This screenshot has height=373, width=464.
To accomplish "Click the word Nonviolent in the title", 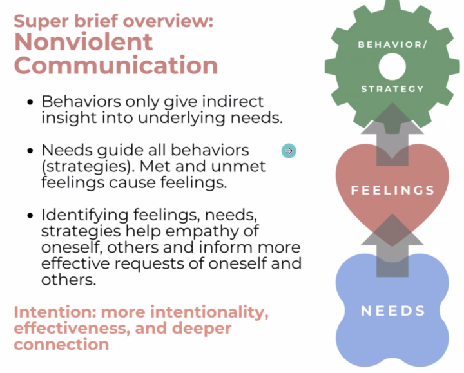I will [84, 43].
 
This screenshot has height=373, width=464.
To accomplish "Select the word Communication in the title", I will [116, 65].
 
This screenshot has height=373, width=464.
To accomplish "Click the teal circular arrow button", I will [289, 151].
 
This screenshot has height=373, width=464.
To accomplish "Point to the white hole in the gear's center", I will [392, 66].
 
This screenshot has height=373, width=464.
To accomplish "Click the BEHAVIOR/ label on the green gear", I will [392, 44].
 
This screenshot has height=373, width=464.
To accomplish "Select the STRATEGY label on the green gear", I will [392, 89].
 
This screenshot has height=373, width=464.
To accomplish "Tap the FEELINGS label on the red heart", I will [392, 191].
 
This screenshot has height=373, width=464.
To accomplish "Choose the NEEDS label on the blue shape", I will [392, 311].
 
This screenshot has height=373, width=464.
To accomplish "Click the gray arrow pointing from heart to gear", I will [392, 132].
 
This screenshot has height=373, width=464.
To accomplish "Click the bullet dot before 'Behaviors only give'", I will [30, 102].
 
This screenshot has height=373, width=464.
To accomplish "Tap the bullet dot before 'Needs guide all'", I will [30, 151].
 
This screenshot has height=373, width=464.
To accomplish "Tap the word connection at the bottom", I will [61, 345].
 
